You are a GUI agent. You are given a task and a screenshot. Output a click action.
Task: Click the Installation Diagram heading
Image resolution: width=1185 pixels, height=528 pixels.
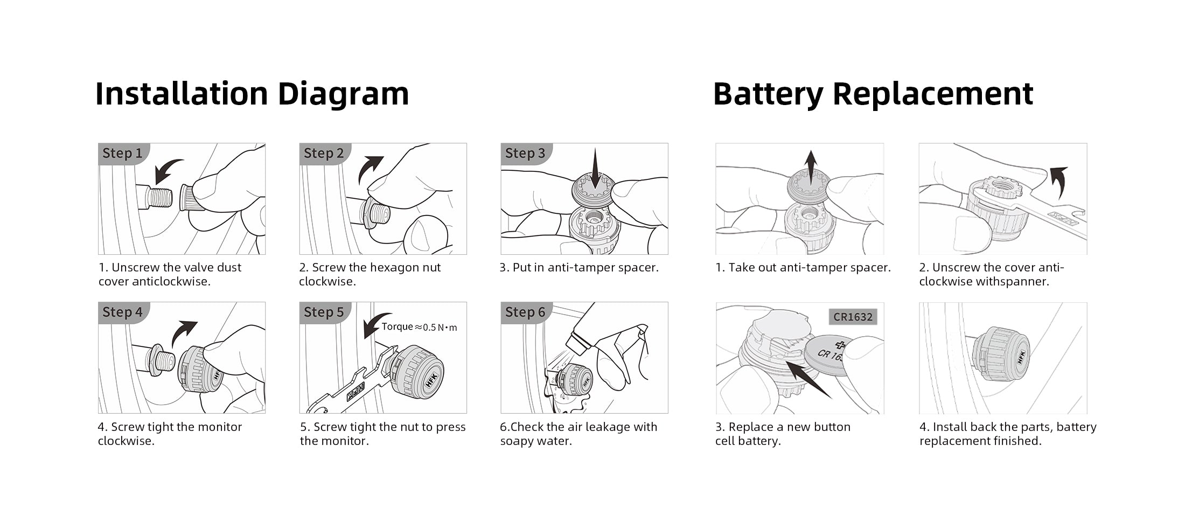(x=252, y=94)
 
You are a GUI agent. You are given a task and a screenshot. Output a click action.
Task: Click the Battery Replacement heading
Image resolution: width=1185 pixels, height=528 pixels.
(x=873, y=94)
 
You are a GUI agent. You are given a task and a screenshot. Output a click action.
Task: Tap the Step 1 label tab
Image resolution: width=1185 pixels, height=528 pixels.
(x=123, y=153)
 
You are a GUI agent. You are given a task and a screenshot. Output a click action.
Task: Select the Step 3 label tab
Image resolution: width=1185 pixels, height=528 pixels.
(x=525, y=153)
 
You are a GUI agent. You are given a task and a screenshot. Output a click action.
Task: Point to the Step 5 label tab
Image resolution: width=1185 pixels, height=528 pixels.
(x=324, y=312)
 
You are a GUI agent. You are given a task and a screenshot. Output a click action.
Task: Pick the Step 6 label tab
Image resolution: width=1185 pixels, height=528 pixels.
(x=525, y=312)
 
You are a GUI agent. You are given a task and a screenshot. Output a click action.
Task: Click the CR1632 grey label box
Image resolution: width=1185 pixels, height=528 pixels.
(x=853, y=317)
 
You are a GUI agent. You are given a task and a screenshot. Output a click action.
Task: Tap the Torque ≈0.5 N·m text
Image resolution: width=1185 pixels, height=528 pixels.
(x=419, y=327)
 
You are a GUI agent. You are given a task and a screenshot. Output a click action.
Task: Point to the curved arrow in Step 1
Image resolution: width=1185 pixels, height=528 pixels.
(x=167, y=170)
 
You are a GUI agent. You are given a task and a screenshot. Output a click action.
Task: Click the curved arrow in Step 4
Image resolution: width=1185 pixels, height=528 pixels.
(x=183, y=332)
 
